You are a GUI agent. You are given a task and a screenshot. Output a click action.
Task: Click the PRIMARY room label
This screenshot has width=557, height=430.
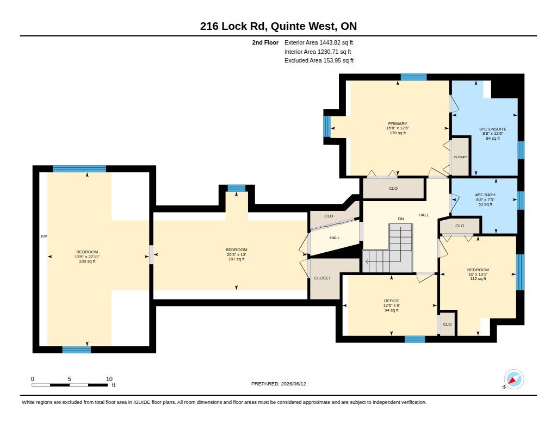[398, 123]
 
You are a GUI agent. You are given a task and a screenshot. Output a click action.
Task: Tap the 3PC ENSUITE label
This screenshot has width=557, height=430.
[493, 129]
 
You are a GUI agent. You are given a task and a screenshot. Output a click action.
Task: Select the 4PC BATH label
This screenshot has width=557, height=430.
[485, 195]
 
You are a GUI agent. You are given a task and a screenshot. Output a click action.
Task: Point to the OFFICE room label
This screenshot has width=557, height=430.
[392, 301]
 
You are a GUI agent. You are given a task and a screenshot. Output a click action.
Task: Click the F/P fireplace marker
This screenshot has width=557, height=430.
[44, 236]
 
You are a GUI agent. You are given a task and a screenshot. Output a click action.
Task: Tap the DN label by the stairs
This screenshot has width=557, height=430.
[401, 219]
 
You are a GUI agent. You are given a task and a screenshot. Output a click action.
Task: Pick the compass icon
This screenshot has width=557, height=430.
[513, 379]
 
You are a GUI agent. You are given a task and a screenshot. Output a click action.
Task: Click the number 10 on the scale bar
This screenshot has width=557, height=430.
[109, 379]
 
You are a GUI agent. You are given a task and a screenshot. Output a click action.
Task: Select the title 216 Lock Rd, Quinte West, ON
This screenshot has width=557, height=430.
[278, 26]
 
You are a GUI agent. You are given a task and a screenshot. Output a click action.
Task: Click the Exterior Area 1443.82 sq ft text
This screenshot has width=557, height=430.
[319, 42]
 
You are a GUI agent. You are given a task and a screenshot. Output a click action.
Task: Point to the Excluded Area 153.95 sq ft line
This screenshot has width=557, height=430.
[319, 61]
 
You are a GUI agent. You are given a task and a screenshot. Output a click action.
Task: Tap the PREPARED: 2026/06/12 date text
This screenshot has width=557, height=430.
[278, 384]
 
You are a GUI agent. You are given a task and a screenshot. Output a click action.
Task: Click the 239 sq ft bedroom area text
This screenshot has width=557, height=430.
[87, 261]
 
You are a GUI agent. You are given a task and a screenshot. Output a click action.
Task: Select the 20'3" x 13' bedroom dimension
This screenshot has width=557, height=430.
[236, 254]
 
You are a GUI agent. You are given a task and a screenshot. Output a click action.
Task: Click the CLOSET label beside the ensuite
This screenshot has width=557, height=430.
[460, 157]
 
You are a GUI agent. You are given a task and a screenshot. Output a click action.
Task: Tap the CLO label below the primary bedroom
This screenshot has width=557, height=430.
[393, 188]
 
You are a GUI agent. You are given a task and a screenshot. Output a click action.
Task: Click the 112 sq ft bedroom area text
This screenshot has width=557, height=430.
[478, 279]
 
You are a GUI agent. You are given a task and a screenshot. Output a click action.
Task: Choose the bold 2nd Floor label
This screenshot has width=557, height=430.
[265, 42]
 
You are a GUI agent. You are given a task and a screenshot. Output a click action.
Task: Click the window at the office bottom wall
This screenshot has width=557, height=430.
[415, 339]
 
